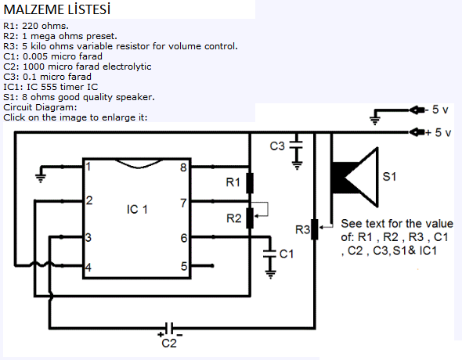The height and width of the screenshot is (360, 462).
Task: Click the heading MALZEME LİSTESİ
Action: pyautogui.click(x=57, y=9)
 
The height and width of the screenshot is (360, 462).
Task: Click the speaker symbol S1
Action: pyautogui.click(x=355, y=178)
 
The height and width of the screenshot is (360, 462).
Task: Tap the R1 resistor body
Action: pyautogui.click(x=250, y=183)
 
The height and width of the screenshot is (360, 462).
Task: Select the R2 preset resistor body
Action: pyautogui.click(x=250, y=218)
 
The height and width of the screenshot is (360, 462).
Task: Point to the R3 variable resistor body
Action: pyautogui.click(x=315, y=229)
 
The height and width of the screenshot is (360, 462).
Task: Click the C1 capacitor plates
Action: pyautogui.click(x=269, y=254)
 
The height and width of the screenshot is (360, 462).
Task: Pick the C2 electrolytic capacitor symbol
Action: pyautogui.click(x=169, y=328)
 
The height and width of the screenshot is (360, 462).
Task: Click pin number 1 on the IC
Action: pyautogui.click(x=88, y=167)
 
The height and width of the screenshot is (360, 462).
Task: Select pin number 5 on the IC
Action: pyautogui.click(x=184, y=266)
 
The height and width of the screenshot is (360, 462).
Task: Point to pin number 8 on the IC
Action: pyautogui.click(x=183, y=167)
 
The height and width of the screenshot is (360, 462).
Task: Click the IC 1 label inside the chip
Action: pyautogui.click(x=137, y=210)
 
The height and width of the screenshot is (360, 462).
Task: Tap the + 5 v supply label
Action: pyautogui.click(x=439, y=132)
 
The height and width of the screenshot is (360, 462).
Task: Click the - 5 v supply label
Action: pyautogui.click(x=437, y=110)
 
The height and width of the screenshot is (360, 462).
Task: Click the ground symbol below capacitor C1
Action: pyautogui.click(x=270, y=275)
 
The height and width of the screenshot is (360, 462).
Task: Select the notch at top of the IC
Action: pyautogui.click(x=139, y=164)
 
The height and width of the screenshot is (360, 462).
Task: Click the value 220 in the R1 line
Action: pyautogui.click(x=31, y=26)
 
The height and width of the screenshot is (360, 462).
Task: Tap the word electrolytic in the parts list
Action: pyautogui.click(x=127, y=67)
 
